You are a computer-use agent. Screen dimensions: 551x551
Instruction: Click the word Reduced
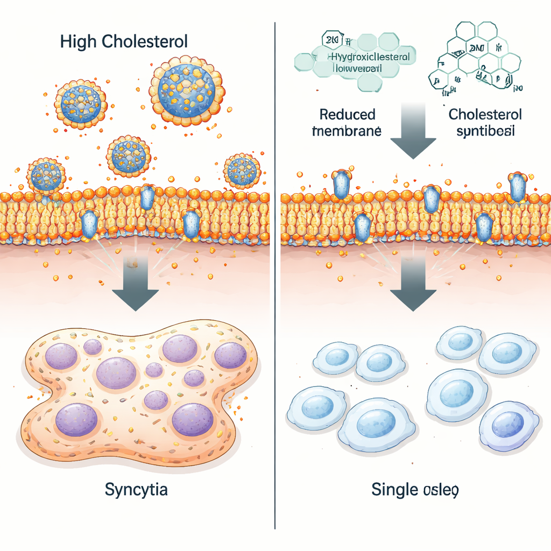[348, 115]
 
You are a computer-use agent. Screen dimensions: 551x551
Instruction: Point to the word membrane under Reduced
[348, 131]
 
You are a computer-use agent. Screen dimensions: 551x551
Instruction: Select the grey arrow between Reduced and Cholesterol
[413, 129]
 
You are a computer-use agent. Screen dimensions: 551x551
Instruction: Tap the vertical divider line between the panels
[275, 269]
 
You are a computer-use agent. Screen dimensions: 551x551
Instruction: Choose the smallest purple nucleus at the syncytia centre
[154, 370]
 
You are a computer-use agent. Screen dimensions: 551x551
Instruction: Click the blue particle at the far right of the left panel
[242, 171]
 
